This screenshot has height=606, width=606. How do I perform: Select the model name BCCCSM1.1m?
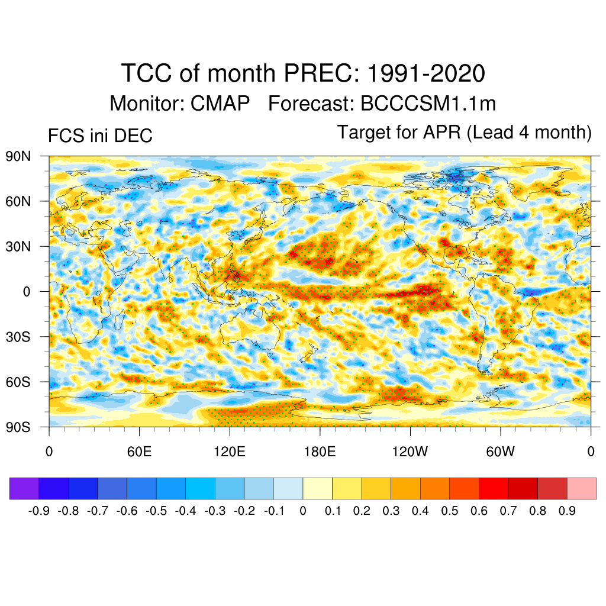(x=427, y=104)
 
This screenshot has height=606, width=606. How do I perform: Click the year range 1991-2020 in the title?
(x=426, y=74)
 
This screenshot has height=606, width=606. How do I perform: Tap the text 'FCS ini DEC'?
(x=100, y=136)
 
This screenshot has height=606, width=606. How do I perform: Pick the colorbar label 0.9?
(x=567, y=511)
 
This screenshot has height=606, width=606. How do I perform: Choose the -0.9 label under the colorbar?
(x=39, y=511)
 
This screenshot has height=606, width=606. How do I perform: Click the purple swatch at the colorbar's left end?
(x=24, y=489)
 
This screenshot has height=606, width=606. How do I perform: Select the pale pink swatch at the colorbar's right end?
(x=581, y=489)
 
